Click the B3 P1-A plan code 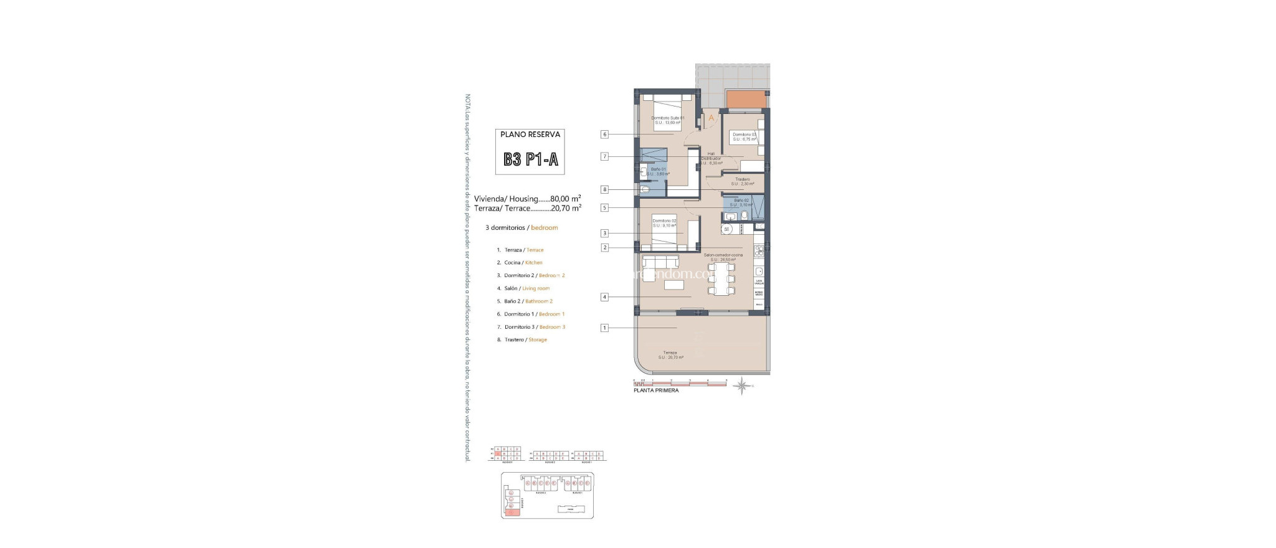coord(531,159)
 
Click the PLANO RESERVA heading coord(530,135)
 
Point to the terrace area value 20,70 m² coord(566,209)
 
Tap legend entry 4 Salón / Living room coord(527,288)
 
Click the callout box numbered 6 coord(604,135)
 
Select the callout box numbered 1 coord(604,328)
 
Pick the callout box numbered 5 coord(604,208)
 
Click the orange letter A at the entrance coord(711,118)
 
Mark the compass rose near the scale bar coord(742,386)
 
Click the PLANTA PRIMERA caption coord(656,390)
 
